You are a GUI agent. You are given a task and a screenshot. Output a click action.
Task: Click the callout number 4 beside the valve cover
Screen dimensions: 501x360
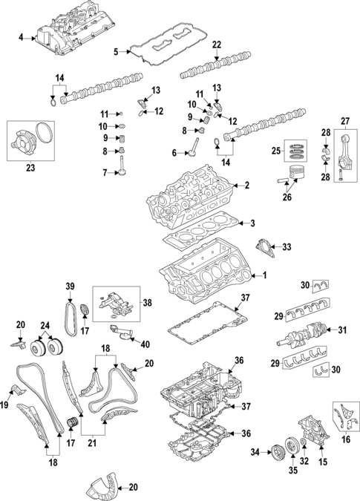pos(22,36)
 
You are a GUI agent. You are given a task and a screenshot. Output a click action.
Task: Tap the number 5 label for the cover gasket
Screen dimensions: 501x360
pos(116,51)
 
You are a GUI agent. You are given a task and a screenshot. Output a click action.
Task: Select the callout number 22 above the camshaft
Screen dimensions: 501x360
pos(217,45)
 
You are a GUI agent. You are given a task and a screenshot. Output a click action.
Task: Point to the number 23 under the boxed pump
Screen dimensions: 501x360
pos(30,168)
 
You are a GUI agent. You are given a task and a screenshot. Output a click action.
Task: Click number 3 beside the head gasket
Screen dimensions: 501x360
pos(252,223)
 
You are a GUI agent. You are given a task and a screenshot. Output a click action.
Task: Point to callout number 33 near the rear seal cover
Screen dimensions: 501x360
pos(288,247)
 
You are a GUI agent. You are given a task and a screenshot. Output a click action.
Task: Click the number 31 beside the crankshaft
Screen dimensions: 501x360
pos(343,330)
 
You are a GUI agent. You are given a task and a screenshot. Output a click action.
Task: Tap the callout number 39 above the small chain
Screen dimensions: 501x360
pos(71,287)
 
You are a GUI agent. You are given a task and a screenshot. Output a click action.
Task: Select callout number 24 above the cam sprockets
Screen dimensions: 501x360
pos(46,324)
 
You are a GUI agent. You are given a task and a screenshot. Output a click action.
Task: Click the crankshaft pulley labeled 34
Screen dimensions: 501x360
pos(276,451)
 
